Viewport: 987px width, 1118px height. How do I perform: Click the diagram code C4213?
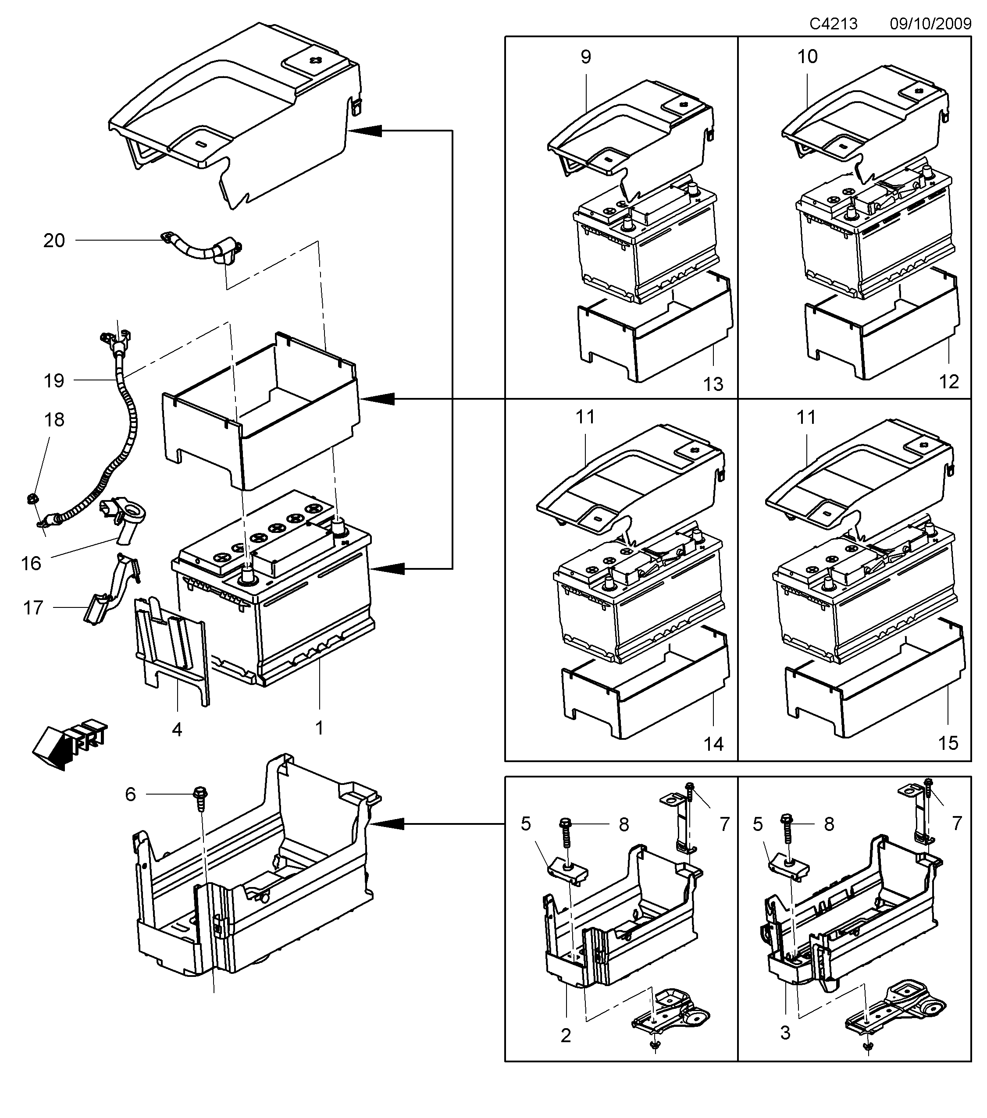point(833,24)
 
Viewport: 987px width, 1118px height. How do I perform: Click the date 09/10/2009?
point(930,24)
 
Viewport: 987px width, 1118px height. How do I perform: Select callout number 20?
point(54,241)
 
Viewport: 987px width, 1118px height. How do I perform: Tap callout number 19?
point(54,381)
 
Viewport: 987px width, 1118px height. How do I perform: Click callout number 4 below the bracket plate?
point(177,729)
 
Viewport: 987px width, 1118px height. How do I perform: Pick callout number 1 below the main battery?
point(319,728)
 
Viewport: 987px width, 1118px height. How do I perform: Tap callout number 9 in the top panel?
point(586,57)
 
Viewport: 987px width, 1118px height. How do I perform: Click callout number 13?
point(713,384)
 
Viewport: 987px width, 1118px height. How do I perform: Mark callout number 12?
point(949,382)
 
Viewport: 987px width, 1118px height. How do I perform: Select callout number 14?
point(713,744)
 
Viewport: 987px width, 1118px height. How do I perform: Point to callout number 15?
point(948,743)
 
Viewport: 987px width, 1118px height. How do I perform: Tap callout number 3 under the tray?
point(785,1033)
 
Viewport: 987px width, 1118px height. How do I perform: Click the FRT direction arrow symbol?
point(68,744)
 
